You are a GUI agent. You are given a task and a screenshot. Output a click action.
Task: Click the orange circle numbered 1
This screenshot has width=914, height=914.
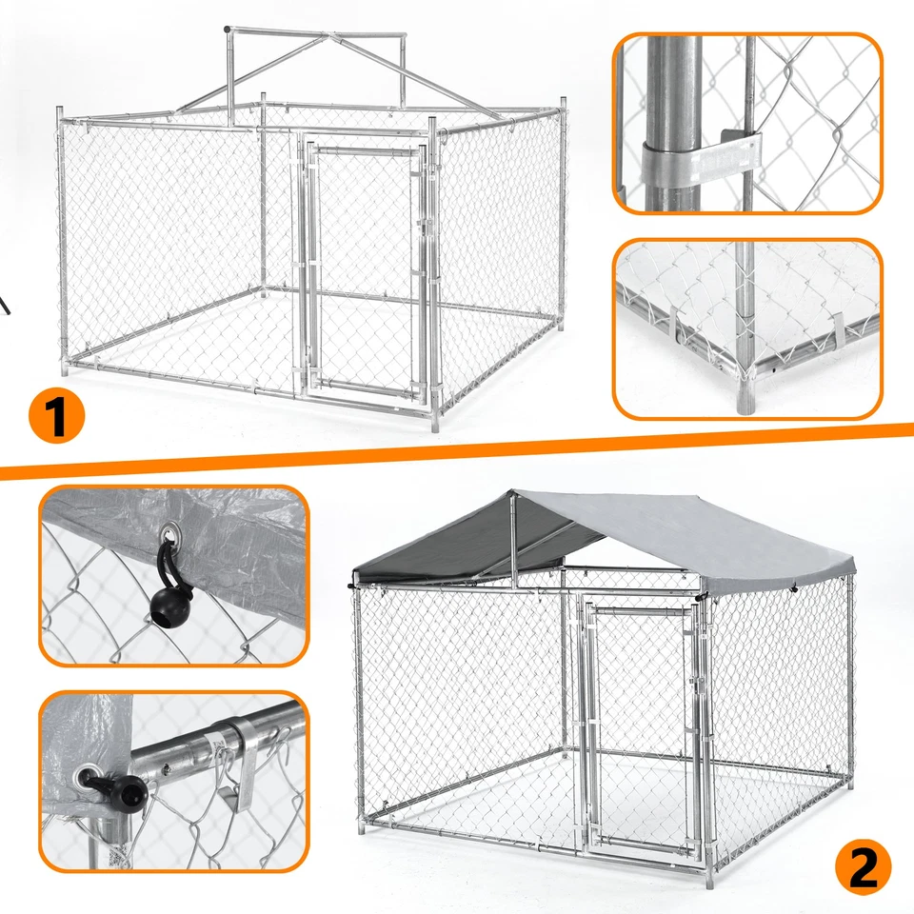coord(57,415)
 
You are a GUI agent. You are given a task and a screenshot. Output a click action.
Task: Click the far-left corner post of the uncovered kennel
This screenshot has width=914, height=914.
coord(62,238)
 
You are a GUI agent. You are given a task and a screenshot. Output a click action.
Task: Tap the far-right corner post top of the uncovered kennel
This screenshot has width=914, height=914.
coord(563,103)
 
